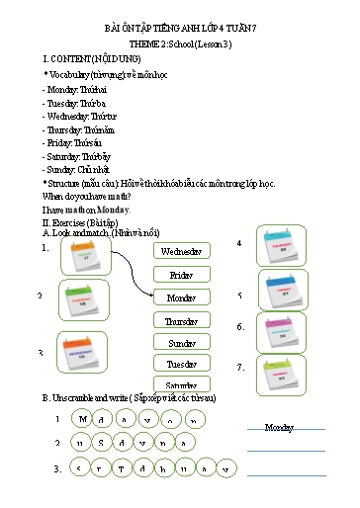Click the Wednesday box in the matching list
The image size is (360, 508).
181,251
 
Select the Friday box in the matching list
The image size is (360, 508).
181,275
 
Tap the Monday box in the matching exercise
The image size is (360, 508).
181,297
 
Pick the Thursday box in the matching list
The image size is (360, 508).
181,321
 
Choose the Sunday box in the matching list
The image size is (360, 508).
181,343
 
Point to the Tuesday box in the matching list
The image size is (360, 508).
181,364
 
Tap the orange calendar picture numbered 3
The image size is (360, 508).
81,351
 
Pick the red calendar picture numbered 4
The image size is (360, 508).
283,246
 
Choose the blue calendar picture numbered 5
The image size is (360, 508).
283,292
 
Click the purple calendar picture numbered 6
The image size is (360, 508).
283,332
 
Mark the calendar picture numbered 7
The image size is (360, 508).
283,375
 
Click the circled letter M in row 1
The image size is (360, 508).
84,419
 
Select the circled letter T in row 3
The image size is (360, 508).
125,467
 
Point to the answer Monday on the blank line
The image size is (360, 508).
280,427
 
